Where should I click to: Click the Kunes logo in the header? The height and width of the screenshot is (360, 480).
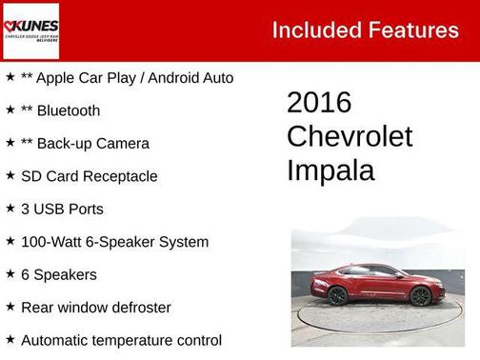coord(31,30)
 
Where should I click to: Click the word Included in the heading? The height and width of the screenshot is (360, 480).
coord(310,30)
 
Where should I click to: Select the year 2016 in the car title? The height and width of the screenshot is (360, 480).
coord(319,103)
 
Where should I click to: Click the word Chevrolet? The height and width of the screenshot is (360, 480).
coord(350,136)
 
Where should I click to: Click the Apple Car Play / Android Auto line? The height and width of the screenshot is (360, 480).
coord(127,78)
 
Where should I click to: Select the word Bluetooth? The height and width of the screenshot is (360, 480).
coord(68,110)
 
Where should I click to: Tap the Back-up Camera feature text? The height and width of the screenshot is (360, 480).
coord(92,144)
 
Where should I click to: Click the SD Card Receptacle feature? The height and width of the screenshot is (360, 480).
coord(89,176)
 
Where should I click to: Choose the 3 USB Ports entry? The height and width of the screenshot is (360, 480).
coord(62,210)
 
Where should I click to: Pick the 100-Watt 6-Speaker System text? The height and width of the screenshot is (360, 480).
coord(114,242)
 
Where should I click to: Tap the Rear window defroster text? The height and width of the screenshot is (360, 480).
coord(95,308)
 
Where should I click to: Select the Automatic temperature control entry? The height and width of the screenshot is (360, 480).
coord(121,340)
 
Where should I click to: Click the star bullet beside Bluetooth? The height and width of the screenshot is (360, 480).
coord(10,110)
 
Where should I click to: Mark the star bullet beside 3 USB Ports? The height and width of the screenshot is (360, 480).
coord(10,209)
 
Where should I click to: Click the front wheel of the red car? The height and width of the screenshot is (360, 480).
coord(420,296)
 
